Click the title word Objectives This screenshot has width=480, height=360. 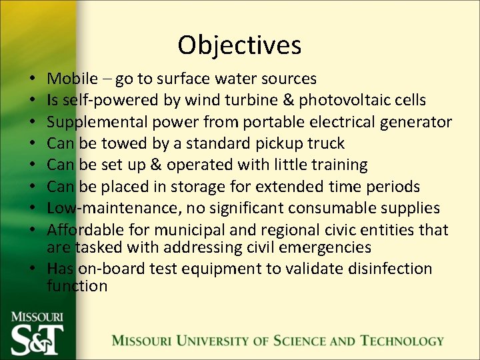[x=239, y=45]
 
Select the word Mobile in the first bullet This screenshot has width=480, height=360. [x=73, y=79]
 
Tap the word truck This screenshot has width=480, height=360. [x=325, y=143]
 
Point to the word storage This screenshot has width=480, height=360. [x=215, y=186]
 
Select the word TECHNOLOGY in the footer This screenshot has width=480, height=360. [x=402, y=341]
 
